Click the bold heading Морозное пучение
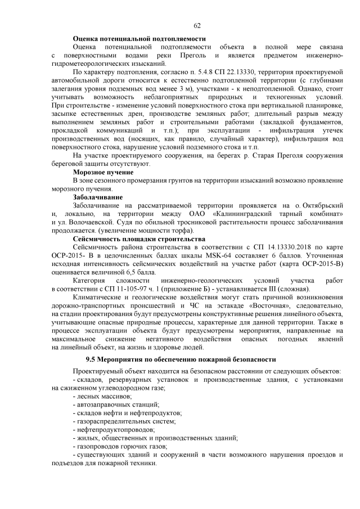pos(103,172)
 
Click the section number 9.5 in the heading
pos(92,358)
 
